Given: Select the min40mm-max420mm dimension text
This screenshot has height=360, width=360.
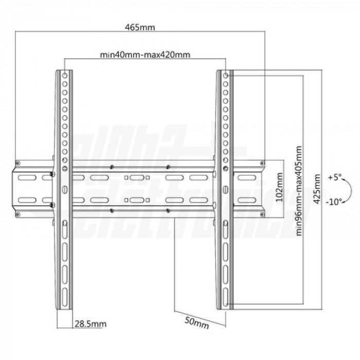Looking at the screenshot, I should coord(140,55).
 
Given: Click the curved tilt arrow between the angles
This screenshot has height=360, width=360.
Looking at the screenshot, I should coord(348,190).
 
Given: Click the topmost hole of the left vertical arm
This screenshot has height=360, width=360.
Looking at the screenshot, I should coord(64,76).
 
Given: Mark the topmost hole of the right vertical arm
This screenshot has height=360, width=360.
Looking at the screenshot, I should coord(225,76).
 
